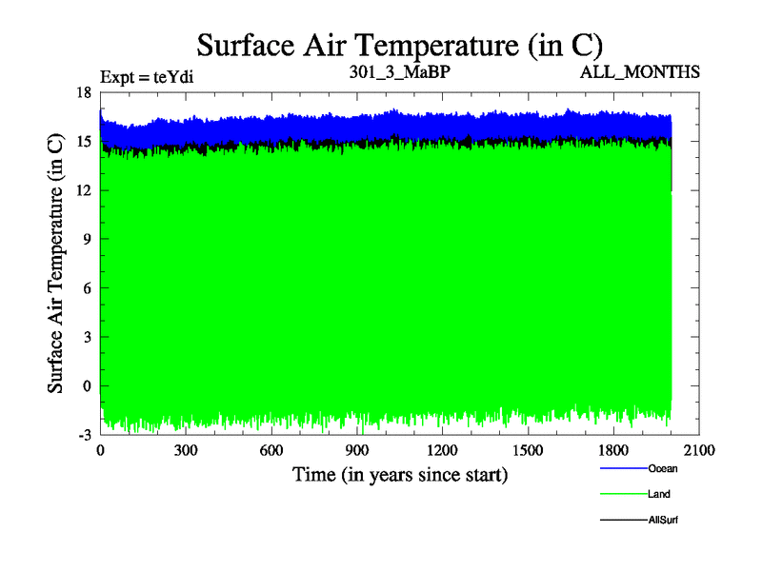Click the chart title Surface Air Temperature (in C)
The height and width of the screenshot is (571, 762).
pos(399,44)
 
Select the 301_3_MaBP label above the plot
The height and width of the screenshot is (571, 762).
pos(399,71)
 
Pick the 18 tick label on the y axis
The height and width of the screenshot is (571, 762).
pos(83,92)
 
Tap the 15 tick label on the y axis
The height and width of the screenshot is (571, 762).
pos(83,142)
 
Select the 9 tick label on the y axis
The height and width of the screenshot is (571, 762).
pos(87,240)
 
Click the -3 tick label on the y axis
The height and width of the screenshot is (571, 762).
pos(83,434)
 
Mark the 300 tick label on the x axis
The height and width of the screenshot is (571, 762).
pos(186,451)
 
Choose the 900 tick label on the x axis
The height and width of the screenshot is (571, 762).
pos(357,451)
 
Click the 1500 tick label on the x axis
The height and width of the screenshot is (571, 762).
pos(528,451)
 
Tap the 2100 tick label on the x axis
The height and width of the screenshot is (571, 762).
pos(699,451)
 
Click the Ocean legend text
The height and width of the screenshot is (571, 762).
pos(663,469)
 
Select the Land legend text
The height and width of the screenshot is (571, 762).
pos(659,495)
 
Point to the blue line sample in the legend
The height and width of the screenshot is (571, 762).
pos(623,469)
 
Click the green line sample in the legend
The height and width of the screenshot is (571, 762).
pos(623,495)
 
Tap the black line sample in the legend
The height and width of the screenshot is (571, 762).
pos(623,521)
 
